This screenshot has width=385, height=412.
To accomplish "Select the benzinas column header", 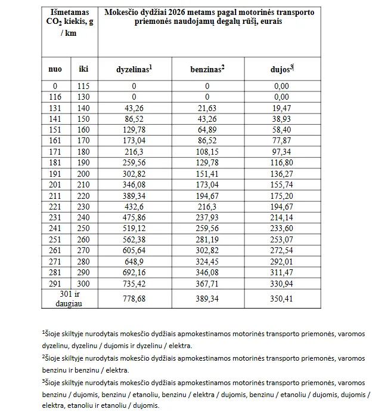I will tap(207, 69).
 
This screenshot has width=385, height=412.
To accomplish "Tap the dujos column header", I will tap(282, 69).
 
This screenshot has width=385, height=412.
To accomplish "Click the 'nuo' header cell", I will tap(55, 69).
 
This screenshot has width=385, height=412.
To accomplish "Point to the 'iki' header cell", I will tap(84, 69).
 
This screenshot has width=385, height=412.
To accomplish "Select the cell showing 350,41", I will tap(281, 299).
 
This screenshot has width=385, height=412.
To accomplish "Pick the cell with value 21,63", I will tap(207, 107).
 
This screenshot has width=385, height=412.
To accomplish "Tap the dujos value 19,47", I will tap(281, 107).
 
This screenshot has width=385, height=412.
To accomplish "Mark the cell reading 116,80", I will tap(281, 161).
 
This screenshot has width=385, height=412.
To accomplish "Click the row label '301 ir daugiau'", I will tap(69, 299).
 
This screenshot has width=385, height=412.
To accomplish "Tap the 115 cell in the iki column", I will tap(84, 86).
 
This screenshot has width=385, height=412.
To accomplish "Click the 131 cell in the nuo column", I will tap(55, 107).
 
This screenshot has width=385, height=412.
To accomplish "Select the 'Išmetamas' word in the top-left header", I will tap(69, 12).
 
